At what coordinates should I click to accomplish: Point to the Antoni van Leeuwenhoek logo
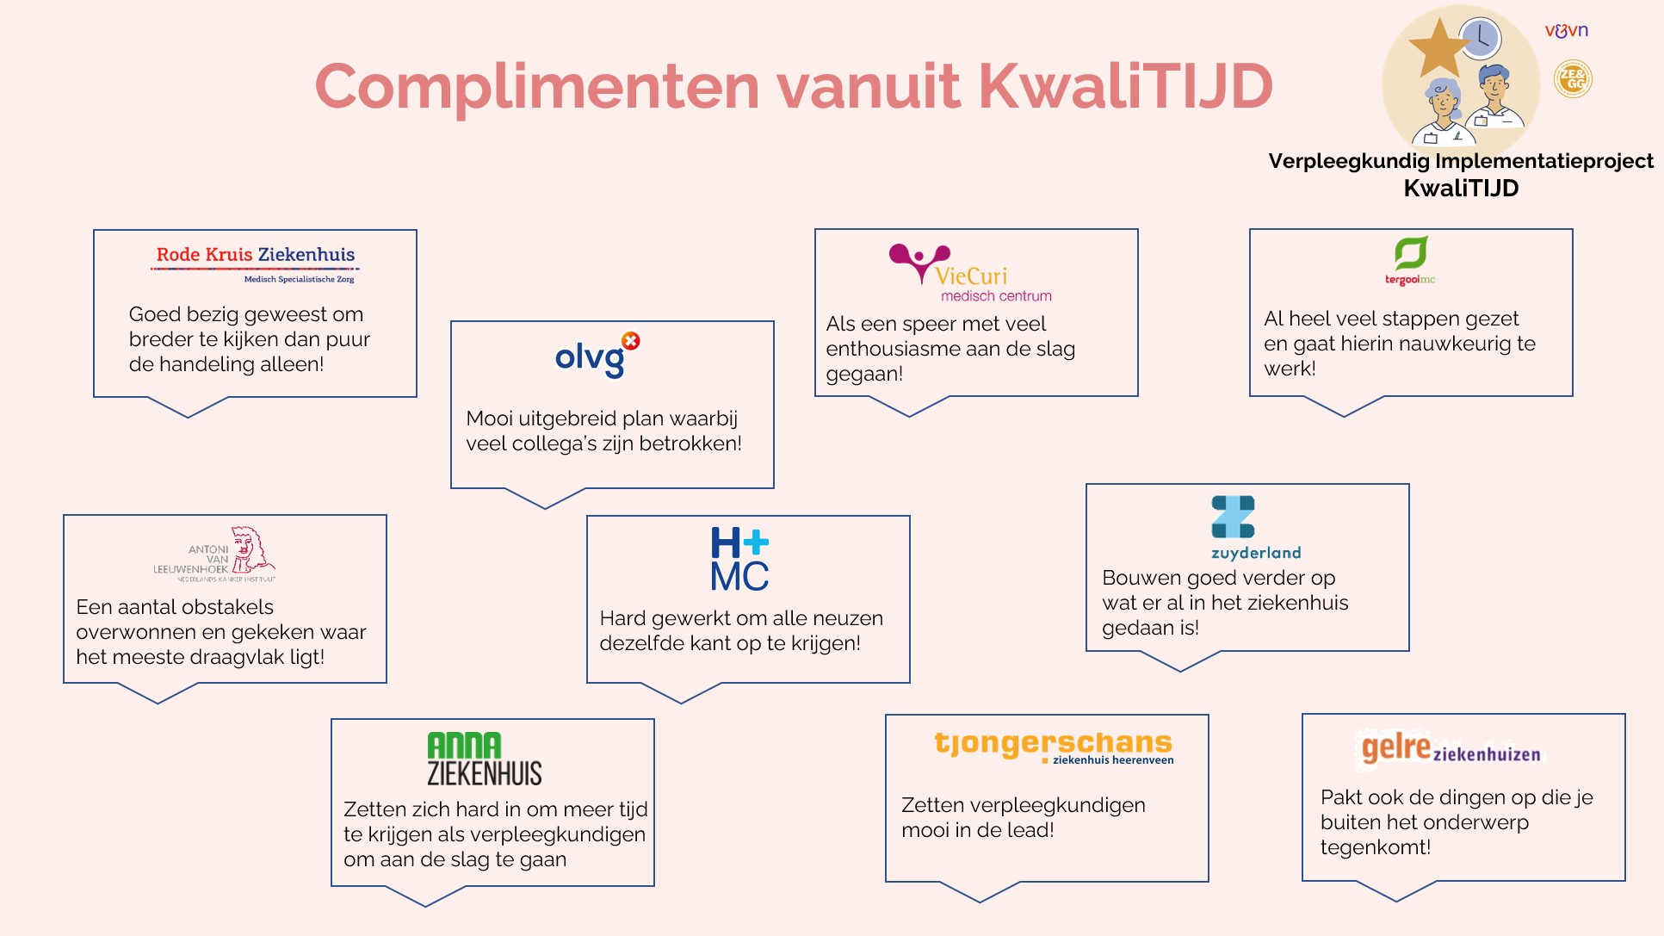[215, 554]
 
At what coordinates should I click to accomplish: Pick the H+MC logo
[739, 560]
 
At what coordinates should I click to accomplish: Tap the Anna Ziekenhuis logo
[484, 759]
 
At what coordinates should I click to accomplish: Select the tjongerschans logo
[1054, 746]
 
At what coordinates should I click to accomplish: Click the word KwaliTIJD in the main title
[1125, 86]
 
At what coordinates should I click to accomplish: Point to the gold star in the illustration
[1438, 47]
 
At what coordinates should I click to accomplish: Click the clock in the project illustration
[1481, 39]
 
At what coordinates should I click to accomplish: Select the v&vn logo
[1567, 31]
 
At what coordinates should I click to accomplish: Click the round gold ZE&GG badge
[1573, 79]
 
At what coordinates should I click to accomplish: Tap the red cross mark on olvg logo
[631, 341]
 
